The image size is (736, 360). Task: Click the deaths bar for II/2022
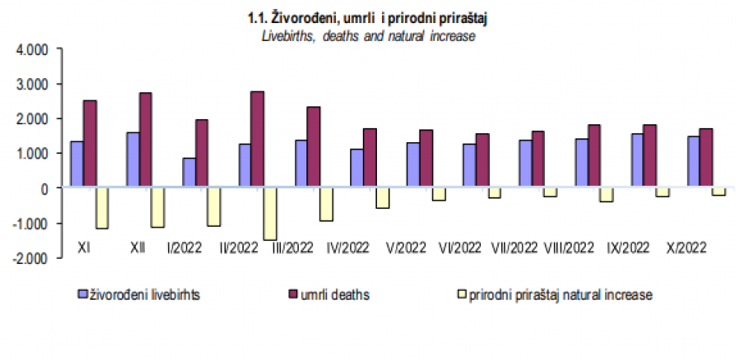coord(256,140)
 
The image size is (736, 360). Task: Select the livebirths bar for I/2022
coord(189,173)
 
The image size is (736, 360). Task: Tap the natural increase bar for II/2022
coord(270,213)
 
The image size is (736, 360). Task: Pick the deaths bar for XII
coord(145,141)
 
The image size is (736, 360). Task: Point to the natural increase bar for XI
coord(102,208)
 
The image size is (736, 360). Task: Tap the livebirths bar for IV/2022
coord(356,169)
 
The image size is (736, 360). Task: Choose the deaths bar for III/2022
coord(313,147)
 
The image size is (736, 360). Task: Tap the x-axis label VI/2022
coord(459,246)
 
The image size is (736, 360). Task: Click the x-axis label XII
coord(137,246)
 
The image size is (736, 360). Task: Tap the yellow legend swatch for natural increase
coord(461,295)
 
